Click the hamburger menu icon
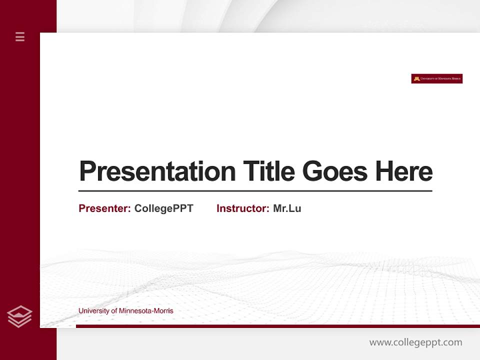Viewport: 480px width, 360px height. pos(20,36)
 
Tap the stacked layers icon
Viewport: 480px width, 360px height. pos(19,316)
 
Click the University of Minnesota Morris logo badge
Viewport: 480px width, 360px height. pos(436,78)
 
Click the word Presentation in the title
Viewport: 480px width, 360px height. pos(157,171)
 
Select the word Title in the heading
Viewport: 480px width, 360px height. pos(268,171)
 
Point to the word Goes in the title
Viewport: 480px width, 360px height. pos(335,171)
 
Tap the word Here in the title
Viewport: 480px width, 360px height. pos(404,171)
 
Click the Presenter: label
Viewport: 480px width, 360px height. pos(104,208)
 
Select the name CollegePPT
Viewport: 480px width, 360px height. pos(163,208)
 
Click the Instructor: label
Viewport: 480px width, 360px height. pos(242,208)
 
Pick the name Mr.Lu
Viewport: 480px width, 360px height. pos(287,208)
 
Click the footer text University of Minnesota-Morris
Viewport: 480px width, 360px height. pos(125,311)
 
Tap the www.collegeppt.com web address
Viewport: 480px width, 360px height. pos(415,342)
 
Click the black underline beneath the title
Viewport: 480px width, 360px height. pos(255,190)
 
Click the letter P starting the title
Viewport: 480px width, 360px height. pos(87,171)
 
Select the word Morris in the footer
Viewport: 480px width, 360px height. pos(163,311)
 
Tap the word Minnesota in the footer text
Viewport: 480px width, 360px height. pos(134,311)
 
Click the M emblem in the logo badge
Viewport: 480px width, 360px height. pos(416,78)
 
